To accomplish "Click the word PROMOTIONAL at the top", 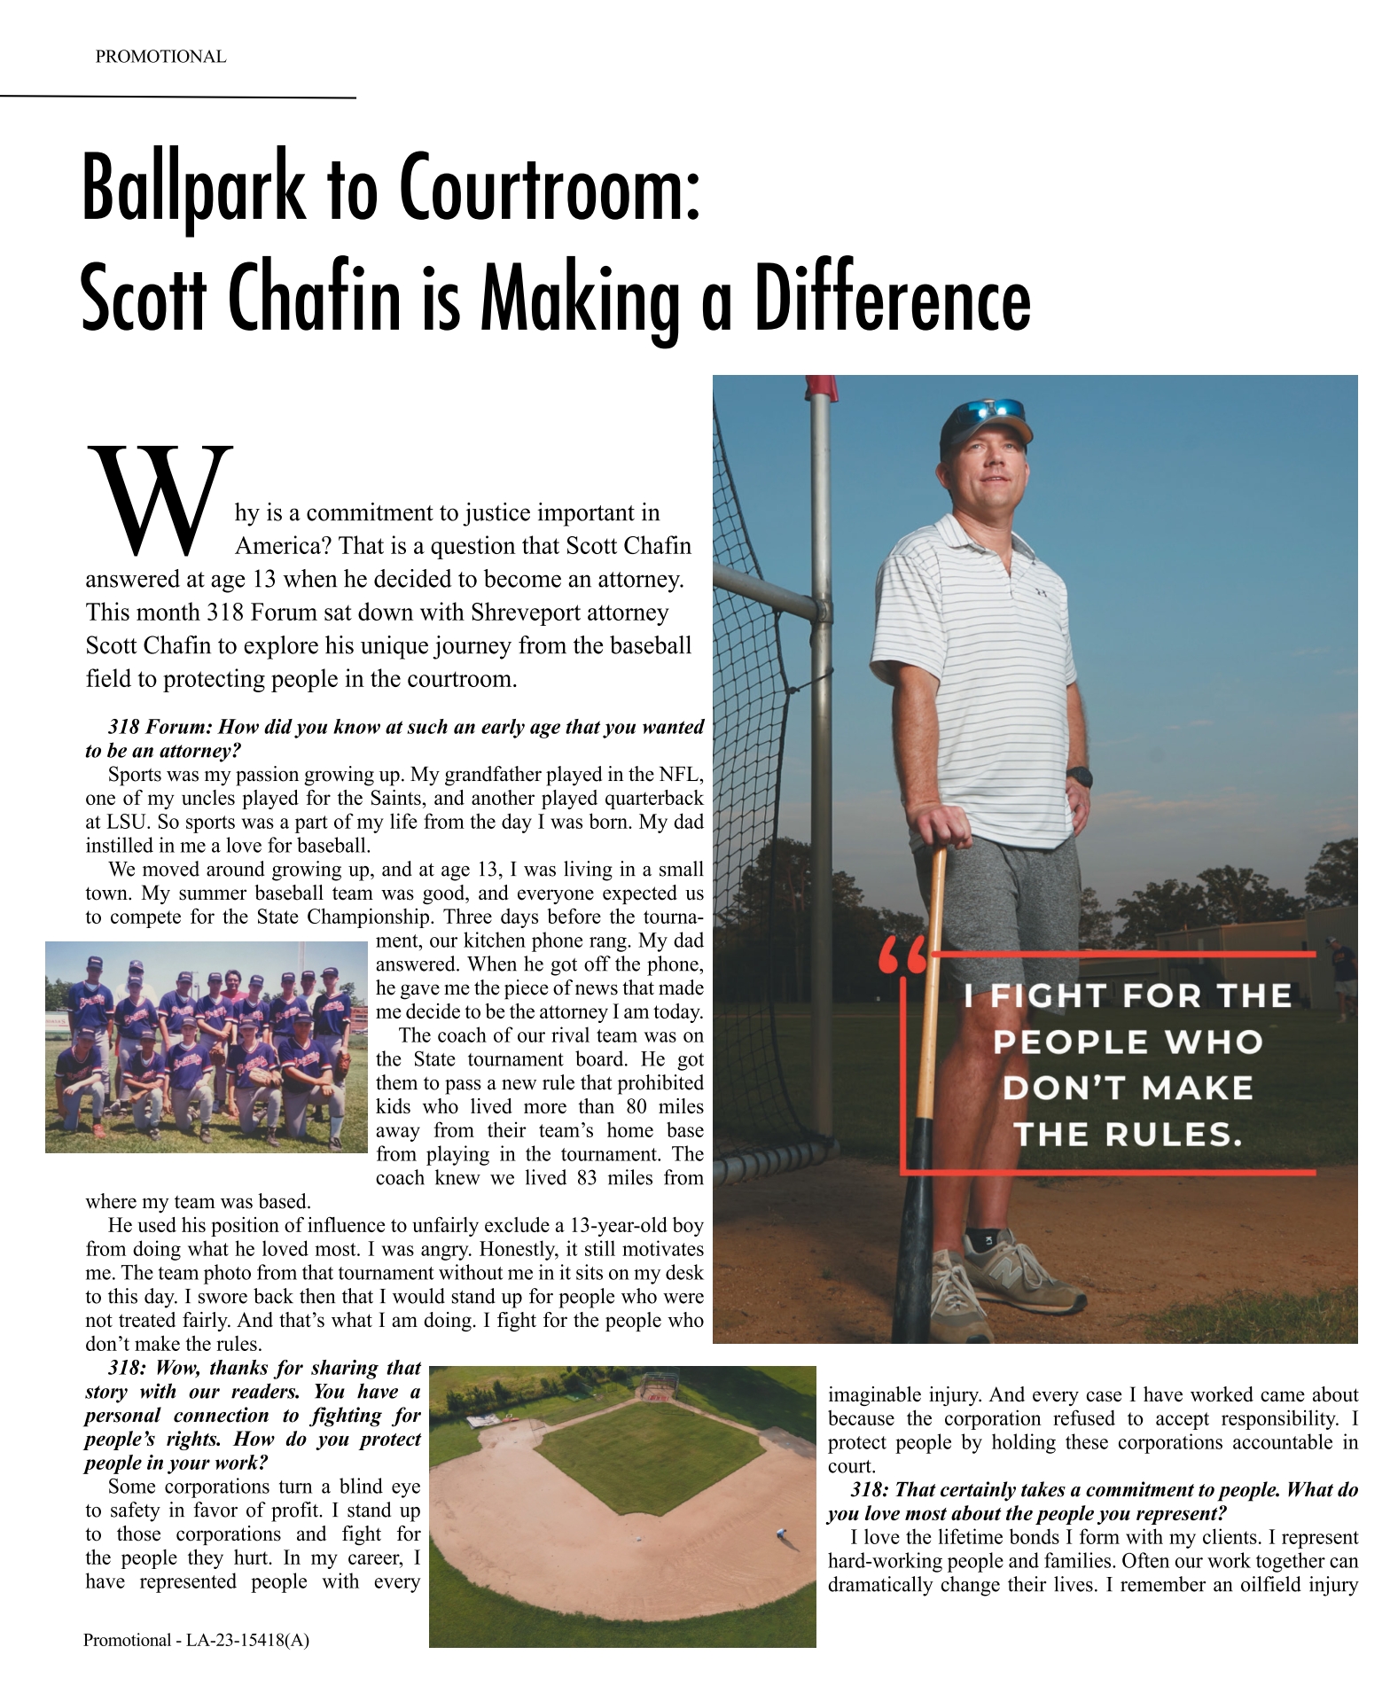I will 160,57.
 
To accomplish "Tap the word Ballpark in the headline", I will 191,190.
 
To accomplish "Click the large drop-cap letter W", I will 160,496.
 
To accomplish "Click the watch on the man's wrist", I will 1080,777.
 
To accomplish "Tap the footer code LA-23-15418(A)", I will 247,1640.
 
